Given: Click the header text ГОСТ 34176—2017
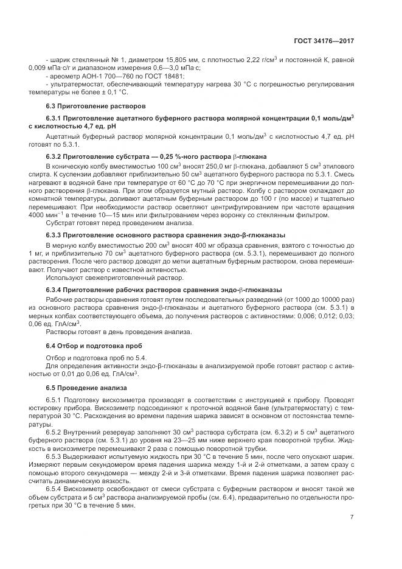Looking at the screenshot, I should click(x=327, y=41).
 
